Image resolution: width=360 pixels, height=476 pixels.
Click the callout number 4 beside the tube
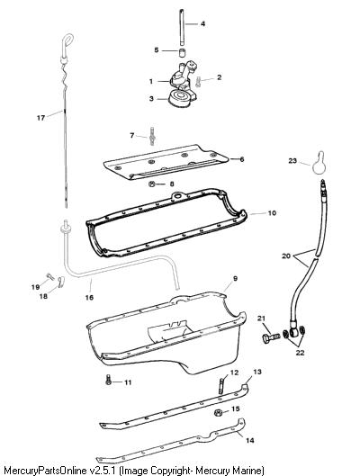[202, 23]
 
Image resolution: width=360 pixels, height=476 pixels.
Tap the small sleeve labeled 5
[182, 53]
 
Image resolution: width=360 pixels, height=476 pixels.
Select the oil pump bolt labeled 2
[198, 82]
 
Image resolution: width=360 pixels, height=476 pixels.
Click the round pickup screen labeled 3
[179, 98]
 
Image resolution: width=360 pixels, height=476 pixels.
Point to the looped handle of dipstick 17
[68, 40]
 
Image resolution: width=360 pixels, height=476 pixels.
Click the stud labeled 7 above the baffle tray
[152, 136]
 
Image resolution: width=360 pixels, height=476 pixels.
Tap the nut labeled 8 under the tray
[152, 184]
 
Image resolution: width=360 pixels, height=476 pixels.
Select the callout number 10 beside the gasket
[272, 213]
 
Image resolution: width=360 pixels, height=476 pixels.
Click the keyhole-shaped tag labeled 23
[319, 164]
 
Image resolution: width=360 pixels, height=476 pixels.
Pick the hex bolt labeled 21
[271, 337]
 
